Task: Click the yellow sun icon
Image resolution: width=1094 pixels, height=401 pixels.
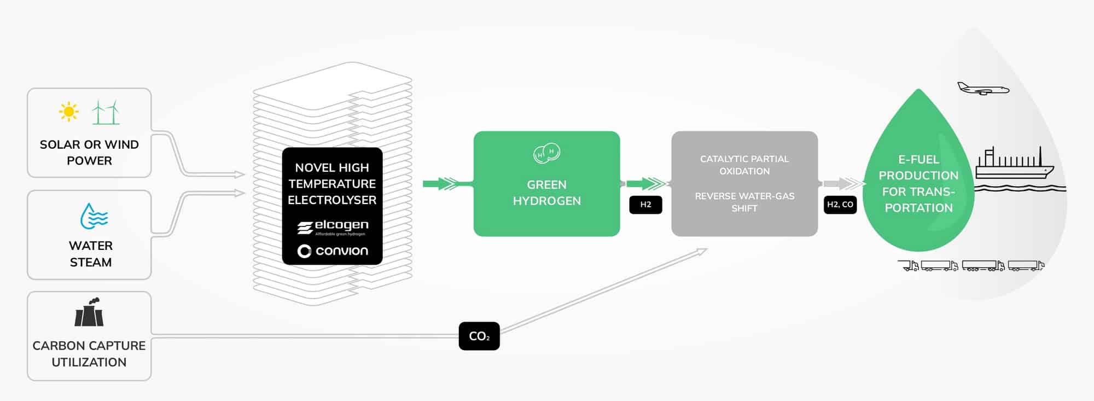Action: coord(69,112)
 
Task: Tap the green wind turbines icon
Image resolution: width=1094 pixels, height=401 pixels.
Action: coord(106,112)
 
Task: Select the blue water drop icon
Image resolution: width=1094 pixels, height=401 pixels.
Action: coord(94,217)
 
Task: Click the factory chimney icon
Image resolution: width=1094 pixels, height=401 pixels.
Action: coord(89,312)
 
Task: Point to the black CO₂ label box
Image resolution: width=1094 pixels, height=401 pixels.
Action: coord(479,336)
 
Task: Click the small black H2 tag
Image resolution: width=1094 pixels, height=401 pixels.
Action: coord(645,205)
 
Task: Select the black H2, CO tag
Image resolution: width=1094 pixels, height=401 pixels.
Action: coord(840,205)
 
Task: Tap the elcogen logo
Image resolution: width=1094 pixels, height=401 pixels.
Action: coord(333,227)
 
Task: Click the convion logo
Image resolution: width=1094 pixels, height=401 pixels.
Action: coord(333,251)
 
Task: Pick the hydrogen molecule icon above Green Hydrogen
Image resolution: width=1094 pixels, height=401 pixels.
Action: coord(546,153)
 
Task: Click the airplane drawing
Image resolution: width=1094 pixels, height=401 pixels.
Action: coord(983,89)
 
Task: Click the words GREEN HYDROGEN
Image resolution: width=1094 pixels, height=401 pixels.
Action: coord(546,193)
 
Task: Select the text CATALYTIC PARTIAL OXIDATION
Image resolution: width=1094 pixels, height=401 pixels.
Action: coord(744,165)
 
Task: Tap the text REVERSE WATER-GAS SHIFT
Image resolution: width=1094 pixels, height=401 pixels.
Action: coord(744,202)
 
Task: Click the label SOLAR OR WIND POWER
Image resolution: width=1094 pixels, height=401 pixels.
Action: coord(89,152)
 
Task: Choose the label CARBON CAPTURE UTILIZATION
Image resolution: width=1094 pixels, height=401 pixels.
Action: coord(89,353)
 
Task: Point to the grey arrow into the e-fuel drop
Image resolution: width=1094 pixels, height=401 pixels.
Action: coord(842,184)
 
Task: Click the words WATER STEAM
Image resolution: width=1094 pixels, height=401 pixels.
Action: coord(91,254)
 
